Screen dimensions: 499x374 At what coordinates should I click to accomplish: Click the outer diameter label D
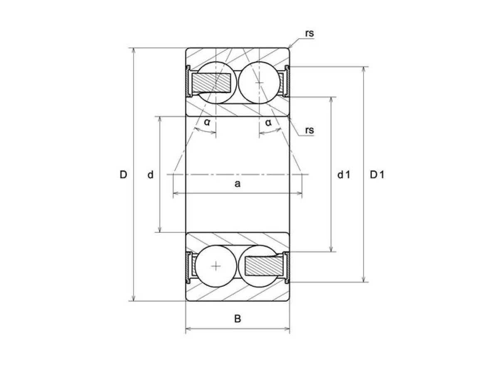123,175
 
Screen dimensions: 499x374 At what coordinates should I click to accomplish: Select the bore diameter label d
150,175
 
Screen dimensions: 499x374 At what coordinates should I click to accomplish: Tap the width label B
237,319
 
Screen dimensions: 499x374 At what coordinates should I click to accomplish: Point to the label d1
344,175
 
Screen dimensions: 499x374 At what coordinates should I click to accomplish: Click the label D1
377,175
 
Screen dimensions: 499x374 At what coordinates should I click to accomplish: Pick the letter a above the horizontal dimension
237,184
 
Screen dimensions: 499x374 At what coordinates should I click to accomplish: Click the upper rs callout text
309,33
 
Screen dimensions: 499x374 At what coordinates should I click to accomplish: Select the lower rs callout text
309,130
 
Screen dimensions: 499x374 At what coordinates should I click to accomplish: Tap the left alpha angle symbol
207,123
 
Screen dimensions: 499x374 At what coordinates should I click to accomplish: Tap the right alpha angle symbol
268,123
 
